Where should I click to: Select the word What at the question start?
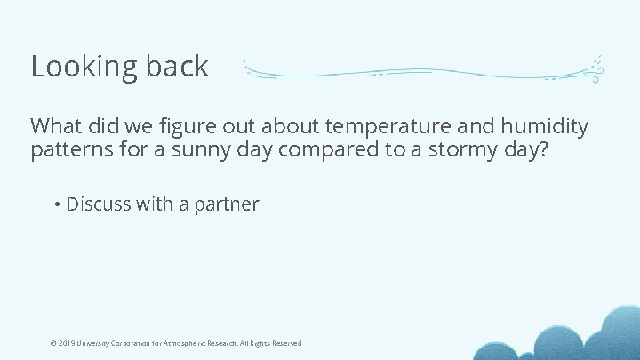tap(54, 127)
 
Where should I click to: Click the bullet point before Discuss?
tap(56, 204)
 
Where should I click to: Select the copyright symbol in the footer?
tap(52, 343)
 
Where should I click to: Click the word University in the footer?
tap(96, 343)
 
